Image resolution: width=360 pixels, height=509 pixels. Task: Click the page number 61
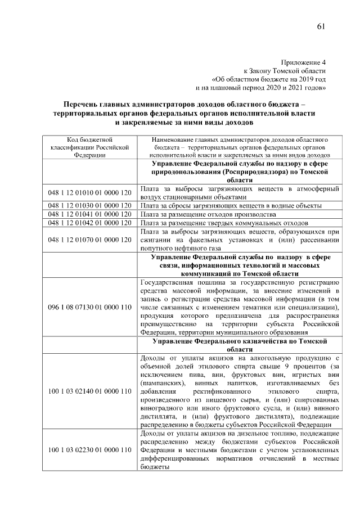click(321, 26)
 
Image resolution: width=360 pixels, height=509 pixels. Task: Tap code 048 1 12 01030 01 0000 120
click(89, 206)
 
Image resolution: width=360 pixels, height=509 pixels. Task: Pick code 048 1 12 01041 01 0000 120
click(89, 214)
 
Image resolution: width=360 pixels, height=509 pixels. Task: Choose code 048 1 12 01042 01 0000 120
click(89, 223)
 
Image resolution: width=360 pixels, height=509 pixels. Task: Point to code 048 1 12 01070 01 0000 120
click(89, 240)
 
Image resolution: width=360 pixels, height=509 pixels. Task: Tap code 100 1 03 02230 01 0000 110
click(89, 450)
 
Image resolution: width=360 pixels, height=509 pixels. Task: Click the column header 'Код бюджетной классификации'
click(89, 147)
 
